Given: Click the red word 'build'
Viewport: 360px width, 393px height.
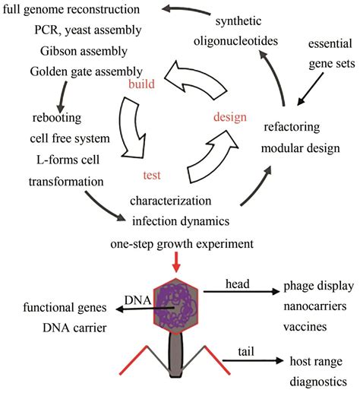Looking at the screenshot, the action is pyautogui.click(x=141, y=84).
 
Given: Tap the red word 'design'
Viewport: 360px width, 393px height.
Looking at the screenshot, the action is pyautogui.click(x=230, y=117).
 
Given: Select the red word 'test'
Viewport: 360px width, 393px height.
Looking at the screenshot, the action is pyautogui.click(x=152, y=175).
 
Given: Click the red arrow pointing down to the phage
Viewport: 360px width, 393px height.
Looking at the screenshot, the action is pyautogui.click(x=176, y=263).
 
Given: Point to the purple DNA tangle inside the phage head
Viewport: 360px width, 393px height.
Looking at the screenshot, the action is pyautogui.click(x=176, y=306).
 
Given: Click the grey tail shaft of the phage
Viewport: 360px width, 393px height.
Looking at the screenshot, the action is pyautogui.click(x=175, y=354).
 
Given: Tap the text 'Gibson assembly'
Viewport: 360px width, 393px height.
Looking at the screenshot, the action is pyautogui.click(x=84, y=52).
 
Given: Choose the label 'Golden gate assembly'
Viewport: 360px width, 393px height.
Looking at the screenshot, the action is pyautogui.click(x=86, y=72).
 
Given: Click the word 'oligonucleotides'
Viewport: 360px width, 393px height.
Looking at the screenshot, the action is pyautogui.click(x=235, y=41).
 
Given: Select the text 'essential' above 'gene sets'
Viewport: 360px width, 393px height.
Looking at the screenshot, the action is pyautogui.click(x=330, y=43).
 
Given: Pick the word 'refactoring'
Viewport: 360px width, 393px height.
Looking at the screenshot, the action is pyautogui.click(x=292, y=127).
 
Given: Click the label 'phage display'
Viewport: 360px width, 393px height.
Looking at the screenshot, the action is pyautogui.click(x=319, y=287).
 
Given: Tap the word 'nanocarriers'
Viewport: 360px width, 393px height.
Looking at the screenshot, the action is pyautogui.click(x=315, y=306).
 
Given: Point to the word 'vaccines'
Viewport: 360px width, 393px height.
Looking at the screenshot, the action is pyautogui.click(x=305, y=327).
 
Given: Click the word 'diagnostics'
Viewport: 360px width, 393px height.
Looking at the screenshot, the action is pyautogui.click(x=318, y=382).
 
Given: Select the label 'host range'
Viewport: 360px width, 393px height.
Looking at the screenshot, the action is pyautogui.click(x=316, y=361).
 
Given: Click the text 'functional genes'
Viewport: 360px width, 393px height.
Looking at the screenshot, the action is pyautogui.click(x=65, y=308).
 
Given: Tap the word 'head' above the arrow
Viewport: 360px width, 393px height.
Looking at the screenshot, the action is pyautogui.click(x=238, y=284).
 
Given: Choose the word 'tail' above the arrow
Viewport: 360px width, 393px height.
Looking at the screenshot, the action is pyautogui.click(x=246, y=352).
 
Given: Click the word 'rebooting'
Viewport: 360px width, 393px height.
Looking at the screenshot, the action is pyautogui.click(x=57, y=118).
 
